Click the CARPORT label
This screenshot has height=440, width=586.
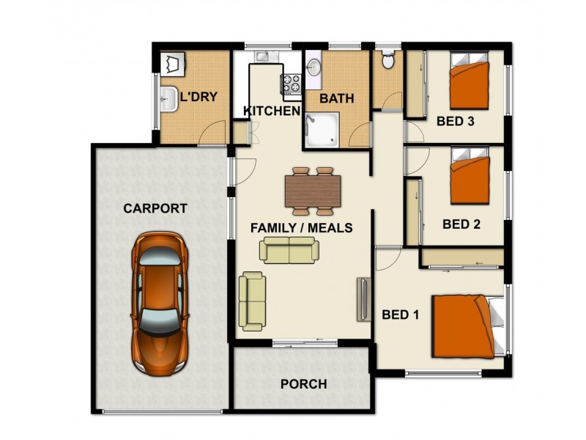pyautogui.click(x=155, y=208)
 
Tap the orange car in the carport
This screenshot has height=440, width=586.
pyautogui.click(x=160, y=302)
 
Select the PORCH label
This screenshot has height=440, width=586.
pyautogui.click(x=303, y=384)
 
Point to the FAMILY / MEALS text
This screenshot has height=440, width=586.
pyautogui.click(x=301, y=228)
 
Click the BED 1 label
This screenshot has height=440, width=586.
pyautogui.click(x=401, y=315)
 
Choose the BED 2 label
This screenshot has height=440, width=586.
pyautogui.click(x=461, y=224)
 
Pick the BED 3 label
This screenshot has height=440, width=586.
pyautogui.click(x=455, y=122)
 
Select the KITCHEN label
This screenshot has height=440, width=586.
pyautogui.click(x=272, y=111)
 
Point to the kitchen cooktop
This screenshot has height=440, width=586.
pyautogui.click(x=292, y=84)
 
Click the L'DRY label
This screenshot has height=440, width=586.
pyautogui.click(x=199, y=96)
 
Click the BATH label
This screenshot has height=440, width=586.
pyautogui.click(x=337, y=98)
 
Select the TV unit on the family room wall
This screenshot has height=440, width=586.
pyautogui.click(x=362, y=298)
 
